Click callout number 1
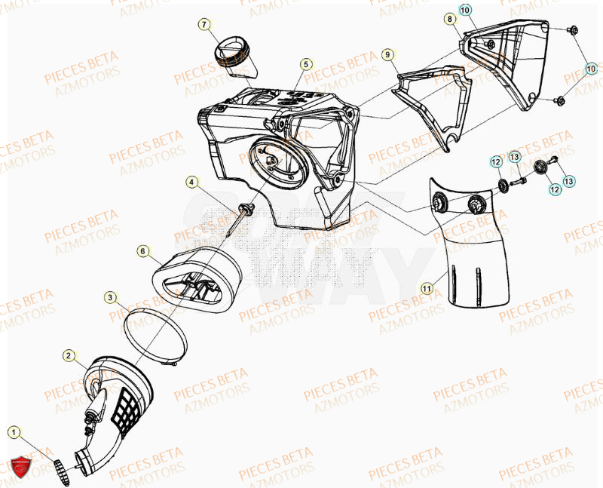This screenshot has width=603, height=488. tap(14, 432)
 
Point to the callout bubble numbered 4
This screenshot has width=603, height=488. tap(192, 182)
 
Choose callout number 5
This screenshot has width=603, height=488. tap(305, 64)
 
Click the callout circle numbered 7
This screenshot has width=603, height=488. tap(204, 25)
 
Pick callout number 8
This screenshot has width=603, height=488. tap(449, 18)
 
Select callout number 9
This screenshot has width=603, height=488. tap(387, 54)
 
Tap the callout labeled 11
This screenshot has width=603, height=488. tap(426, 287)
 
